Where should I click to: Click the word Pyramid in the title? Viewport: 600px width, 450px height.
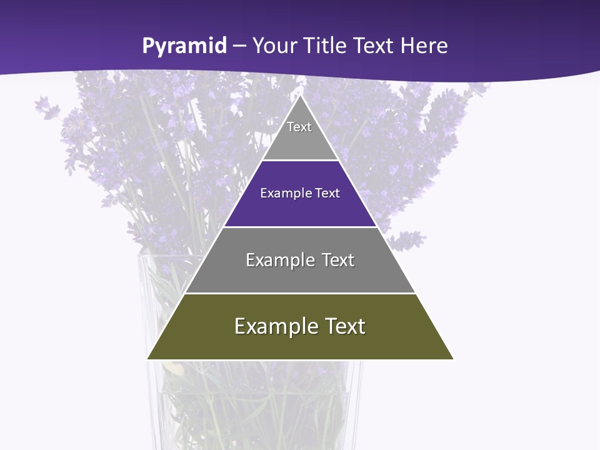coord(184,46)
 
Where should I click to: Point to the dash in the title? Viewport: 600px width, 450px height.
coord(239,46)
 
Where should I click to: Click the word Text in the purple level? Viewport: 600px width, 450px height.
coord(328,193)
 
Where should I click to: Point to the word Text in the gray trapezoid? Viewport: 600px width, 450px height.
coord(338,260)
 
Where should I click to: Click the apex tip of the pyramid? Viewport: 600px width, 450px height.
coord(300,96)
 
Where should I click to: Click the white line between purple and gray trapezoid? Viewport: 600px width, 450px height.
coord(300,227)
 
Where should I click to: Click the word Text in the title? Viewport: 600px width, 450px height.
coord(373,46)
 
